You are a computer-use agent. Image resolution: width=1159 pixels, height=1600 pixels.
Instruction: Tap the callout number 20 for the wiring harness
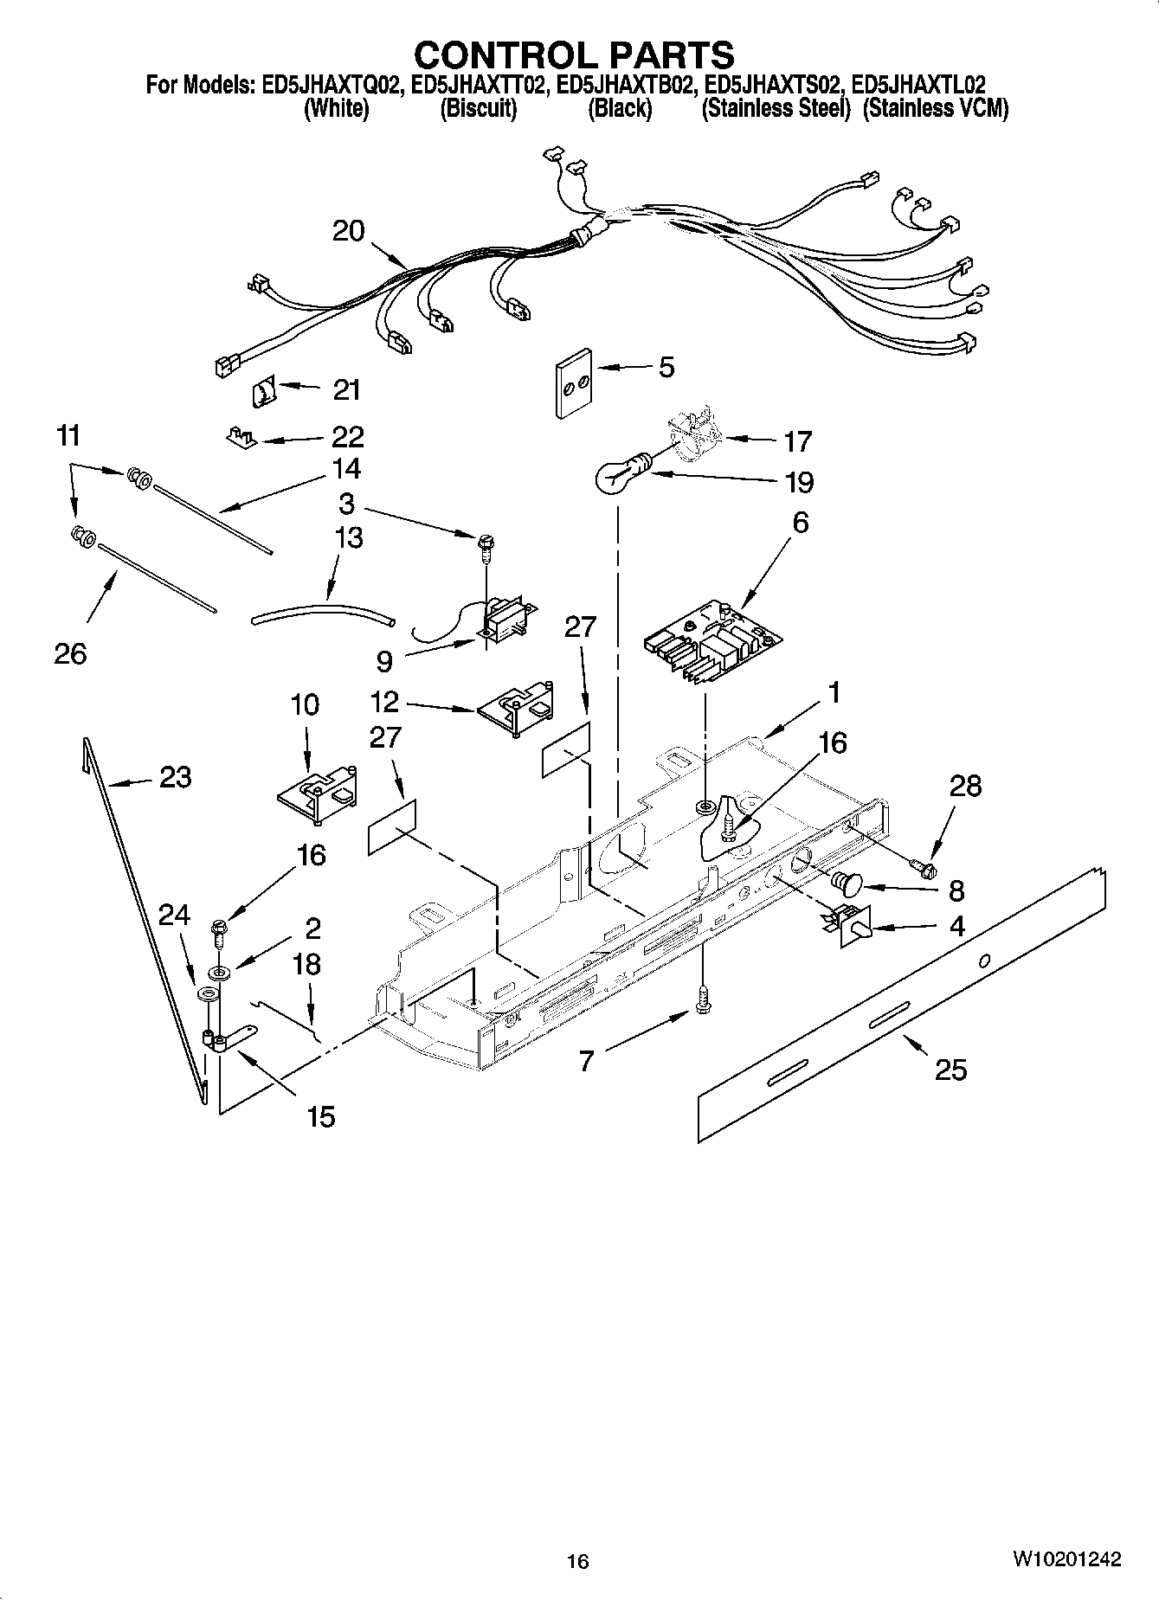click(x=349, y=231)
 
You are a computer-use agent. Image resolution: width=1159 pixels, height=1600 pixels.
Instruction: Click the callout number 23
click(x=175, y=777)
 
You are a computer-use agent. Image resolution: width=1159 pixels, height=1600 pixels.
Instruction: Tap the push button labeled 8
click(x=846, y=884)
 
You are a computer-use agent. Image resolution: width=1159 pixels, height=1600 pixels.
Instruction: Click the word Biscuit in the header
click(x=478, y=109)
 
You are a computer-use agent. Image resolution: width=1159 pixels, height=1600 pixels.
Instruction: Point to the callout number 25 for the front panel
click(x=950, y=1070)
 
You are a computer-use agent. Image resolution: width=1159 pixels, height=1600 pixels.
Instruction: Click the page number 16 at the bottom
click(x=577, y=1561)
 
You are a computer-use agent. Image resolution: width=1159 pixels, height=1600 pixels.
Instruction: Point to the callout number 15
click(x=320, y=1116)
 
